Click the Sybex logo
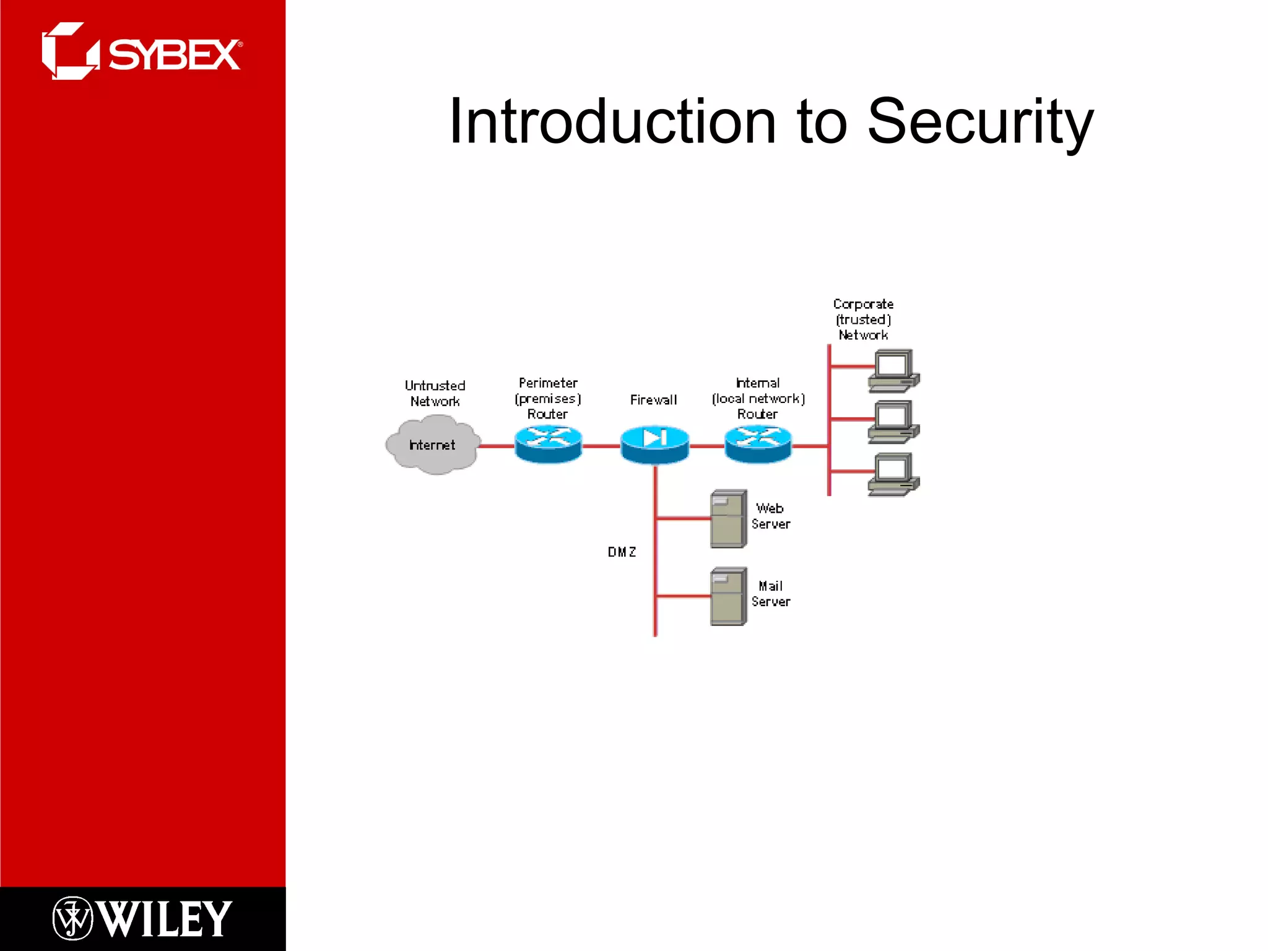pos(142,52)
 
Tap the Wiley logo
pos(142,918)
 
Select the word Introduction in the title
pos(612,122)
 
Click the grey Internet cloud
pos(433,445)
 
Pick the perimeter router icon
pos(548,443)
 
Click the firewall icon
pos(654,444)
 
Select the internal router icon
pos(758,443)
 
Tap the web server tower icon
pos(728,519)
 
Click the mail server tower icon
pos(728,597)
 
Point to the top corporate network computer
pos(893,370)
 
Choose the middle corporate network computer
pos(893,422)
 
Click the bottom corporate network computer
pos(893,474)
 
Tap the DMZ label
pos(622,552)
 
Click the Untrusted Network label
pos(435,393)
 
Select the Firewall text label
pos(653,400)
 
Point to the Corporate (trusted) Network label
pos(863,319)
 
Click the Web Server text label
pos(770,516)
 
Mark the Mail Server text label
pos(770,594)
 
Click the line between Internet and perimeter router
pos(497,446)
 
